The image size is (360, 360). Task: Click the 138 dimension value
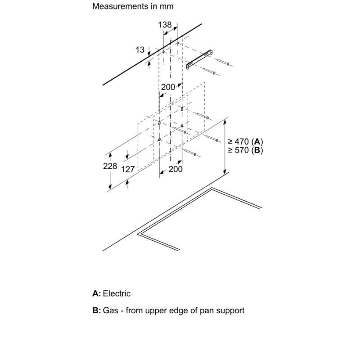point(165,25)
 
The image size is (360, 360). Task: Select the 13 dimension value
point(140,49)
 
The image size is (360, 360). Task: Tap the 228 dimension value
point(110,166)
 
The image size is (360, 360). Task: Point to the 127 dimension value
point(128,170)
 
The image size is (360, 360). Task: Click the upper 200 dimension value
point(168,87)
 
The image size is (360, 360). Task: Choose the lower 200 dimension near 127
point(175,169)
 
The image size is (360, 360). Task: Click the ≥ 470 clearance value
point(238,141)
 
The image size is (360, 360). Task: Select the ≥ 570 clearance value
point(238,150)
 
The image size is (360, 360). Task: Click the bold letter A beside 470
point(257,141)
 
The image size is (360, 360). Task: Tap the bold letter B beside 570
point(257,150)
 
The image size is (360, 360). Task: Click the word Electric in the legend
point(117,293)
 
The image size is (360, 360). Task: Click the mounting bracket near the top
point(199,59)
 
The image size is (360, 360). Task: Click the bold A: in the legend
point(97,293)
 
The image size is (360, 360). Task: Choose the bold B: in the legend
point(97,310)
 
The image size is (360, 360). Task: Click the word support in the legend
point(230,311)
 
